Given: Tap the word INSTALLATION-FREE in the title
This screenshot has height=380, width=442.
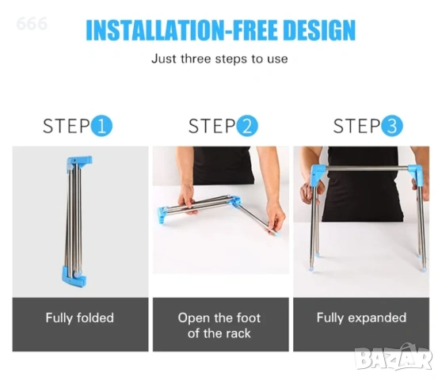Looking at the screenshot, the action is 181,30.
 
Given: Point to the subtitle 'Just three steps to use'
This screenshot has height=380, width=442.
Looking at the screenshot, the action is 219,59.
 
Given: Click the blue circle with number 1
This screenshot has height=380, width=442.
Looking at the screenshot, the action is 101,126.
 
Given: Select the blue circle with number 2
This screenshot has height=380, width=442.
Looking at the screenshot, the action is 247,126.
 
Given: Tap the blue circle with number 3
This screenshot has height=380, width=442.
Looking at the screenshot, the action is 392,126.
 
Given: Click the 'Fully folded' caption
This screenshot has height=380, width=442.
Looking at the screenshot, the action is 80,318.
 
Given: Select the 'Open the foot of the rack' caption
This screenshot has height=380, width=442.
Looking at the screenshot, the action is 219,325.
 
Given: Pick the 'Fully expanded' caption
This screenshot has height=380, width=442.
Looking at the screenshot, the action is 361,318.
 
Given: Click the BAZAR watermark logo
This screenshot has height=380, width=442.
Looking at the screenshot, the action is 394,357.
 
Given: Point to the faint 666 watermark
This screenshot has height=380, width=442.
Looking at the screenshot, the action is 32,24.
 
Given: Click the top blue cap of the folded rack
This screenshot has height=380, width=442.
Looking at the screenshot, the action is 79,162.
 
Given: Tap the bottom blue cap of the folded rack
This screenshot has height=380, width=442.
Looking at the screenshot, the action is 74,276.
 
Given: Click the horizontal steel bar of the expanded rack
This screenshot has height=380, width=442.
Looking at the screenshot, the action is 367,169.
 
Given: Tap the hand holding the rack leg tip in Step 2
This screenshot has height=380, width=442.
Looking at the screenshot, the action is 275,216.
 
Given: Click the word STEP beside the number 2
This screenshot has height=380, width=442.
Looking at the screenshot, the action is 212,126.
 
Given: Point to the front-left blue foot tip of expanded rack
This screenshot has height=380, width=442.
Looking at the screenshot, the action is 311,268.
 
